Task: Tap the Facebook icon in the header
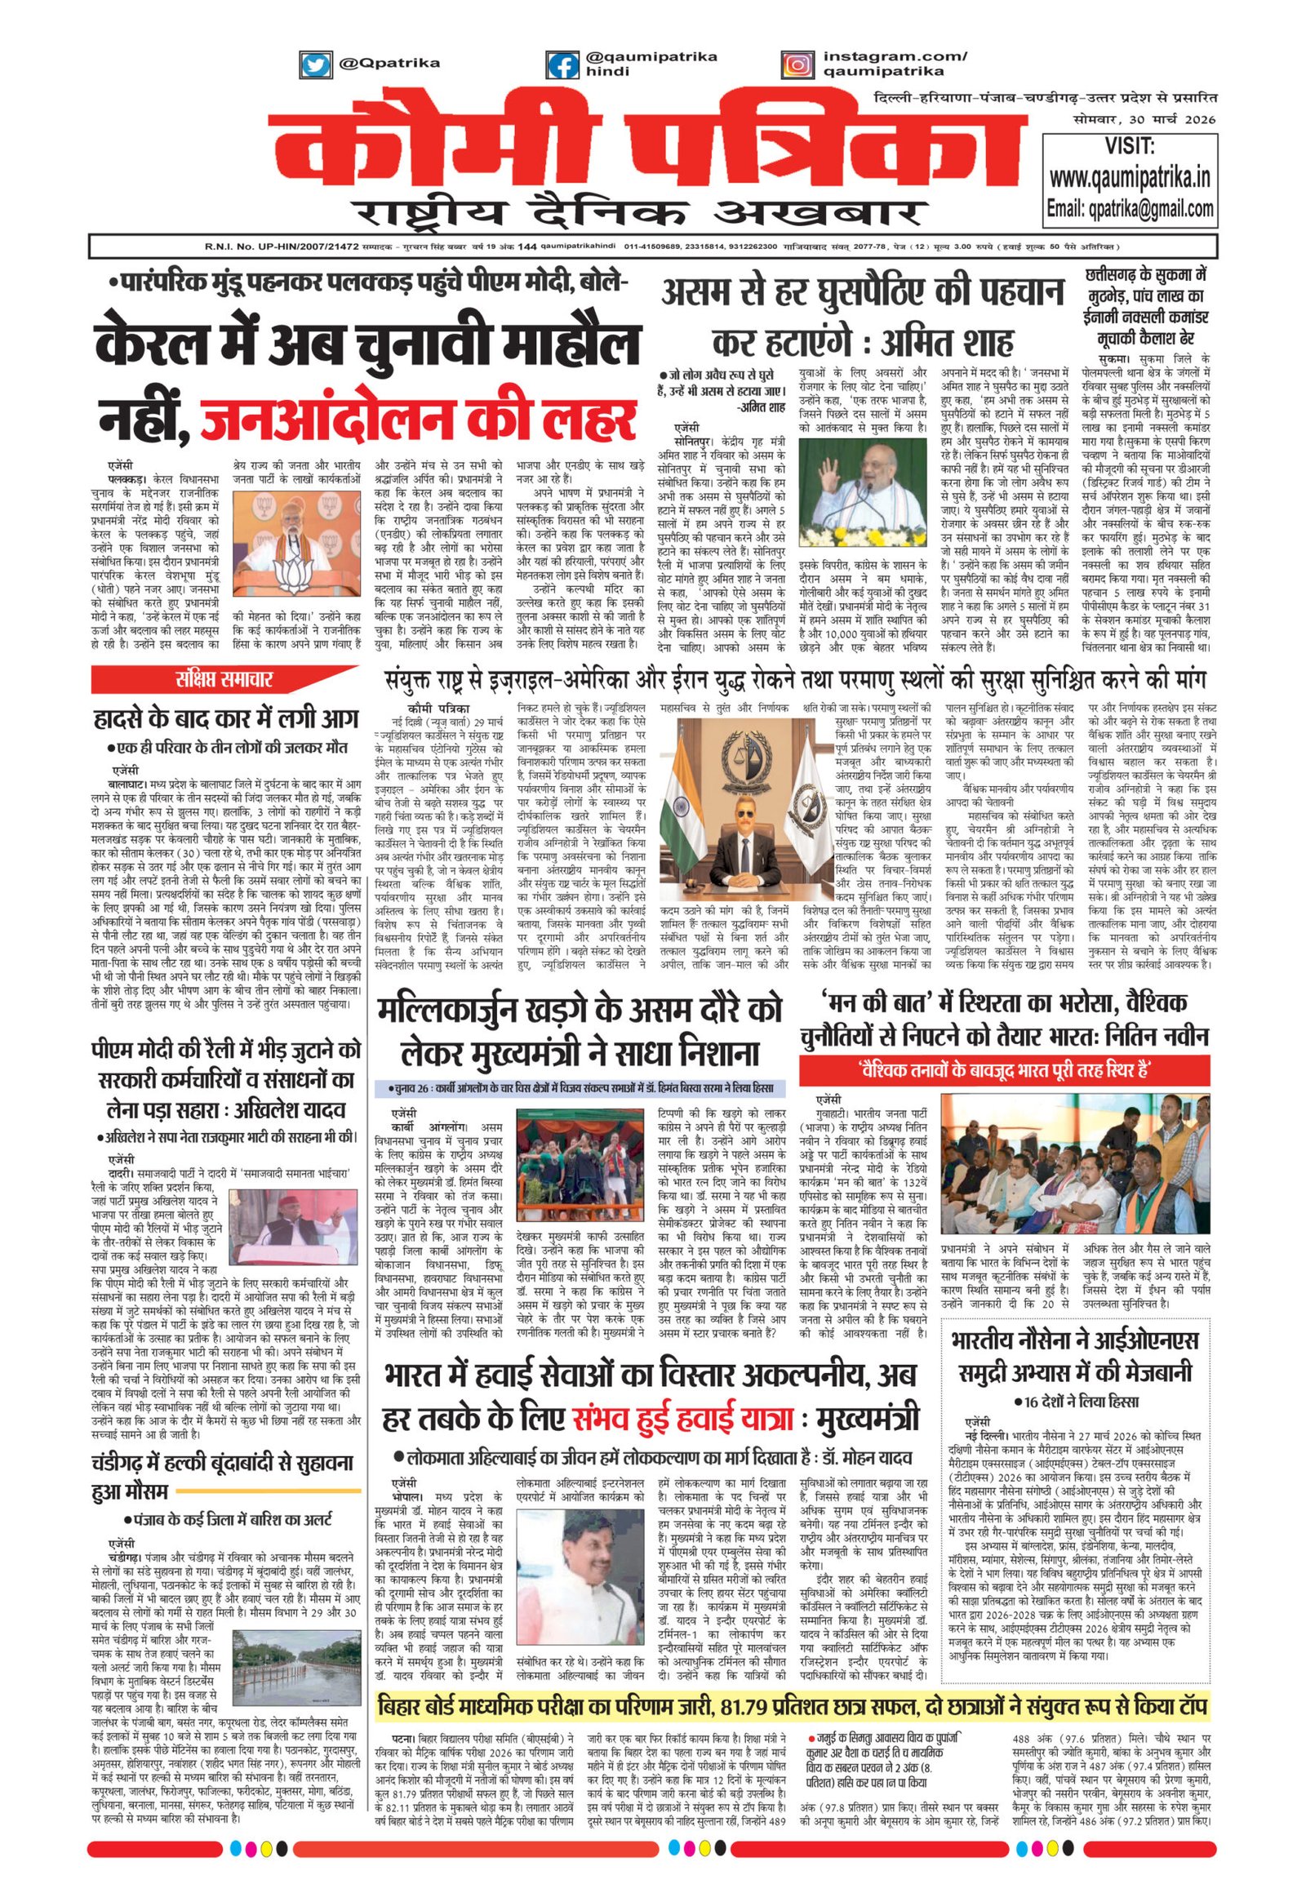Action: [x=563, y=64]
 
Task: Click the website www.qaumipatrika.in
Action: [x=1131, y=178]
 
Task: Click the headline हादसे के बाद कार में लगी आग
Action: [x=225, y=720]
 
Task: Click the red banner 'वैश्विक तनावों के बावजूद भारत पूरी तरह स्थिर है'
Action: [x=1006, y=1069]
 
